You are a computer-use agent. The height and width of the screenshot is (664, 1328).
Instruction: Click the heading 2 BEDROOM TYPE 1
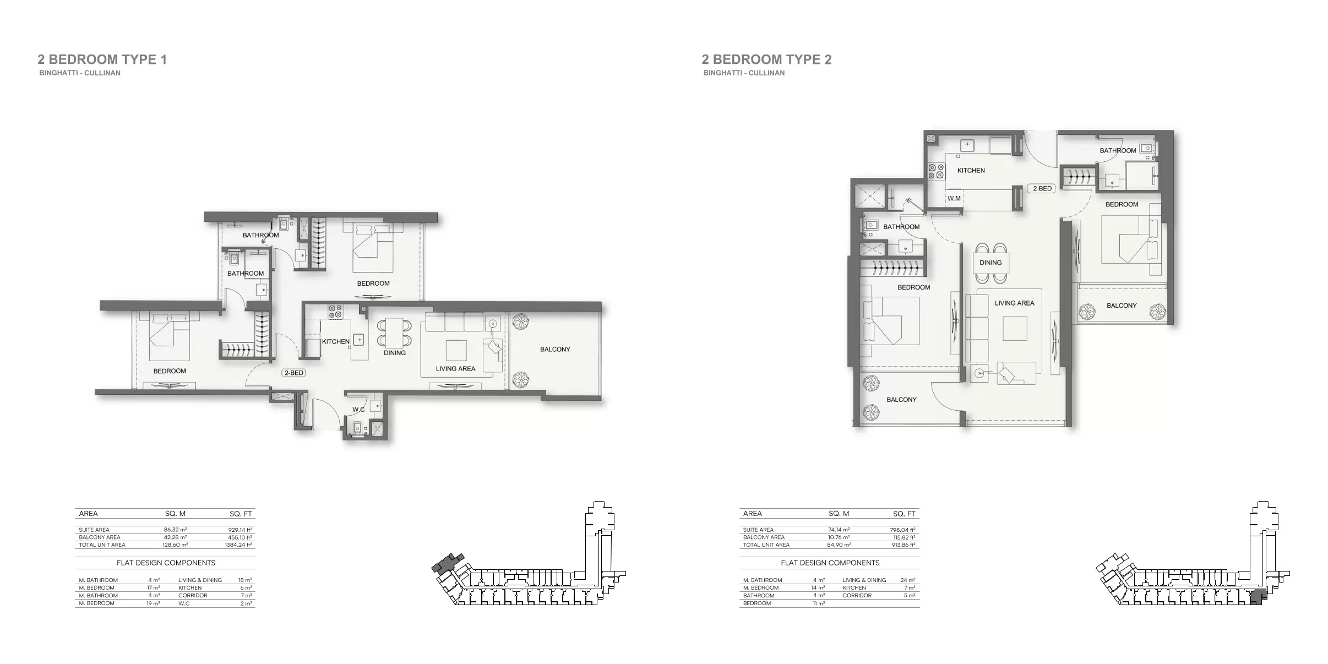102,59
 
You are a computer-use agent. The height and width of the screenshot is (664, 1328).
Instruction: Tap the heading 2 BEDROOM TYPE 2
767,59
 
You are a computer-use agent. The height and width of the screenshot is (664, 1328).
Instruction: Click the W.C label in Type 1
358,410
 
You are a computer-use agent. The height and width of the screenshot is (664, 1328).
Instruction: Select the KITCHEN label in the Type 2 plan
971,171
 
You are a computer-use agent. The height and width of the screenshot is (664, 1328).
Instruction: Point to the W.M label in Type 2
954,199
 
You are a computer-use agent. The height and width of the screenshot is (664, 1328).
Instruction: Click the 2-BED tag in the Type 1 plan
293,373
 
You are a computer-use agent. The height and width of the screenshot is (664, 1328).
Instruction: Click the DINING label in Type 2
990,263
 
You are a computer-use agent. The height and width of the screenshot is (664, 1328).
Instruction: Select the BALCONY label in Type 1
555,349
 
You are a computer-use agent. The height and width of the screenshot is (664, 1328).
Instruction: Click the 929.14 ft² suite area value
240,530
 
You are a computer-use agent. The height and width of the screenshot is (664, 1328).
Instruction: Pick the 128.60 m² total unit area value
176,545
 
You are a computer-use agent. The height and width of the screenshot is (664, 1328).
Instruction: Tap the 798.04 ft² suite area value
904,530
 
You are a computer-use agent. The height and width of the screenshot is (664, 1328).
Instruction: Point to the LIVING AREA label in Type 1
455,369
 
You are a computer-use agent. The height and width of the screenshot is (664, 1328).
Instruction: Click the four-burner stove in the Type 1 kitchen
335,312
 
